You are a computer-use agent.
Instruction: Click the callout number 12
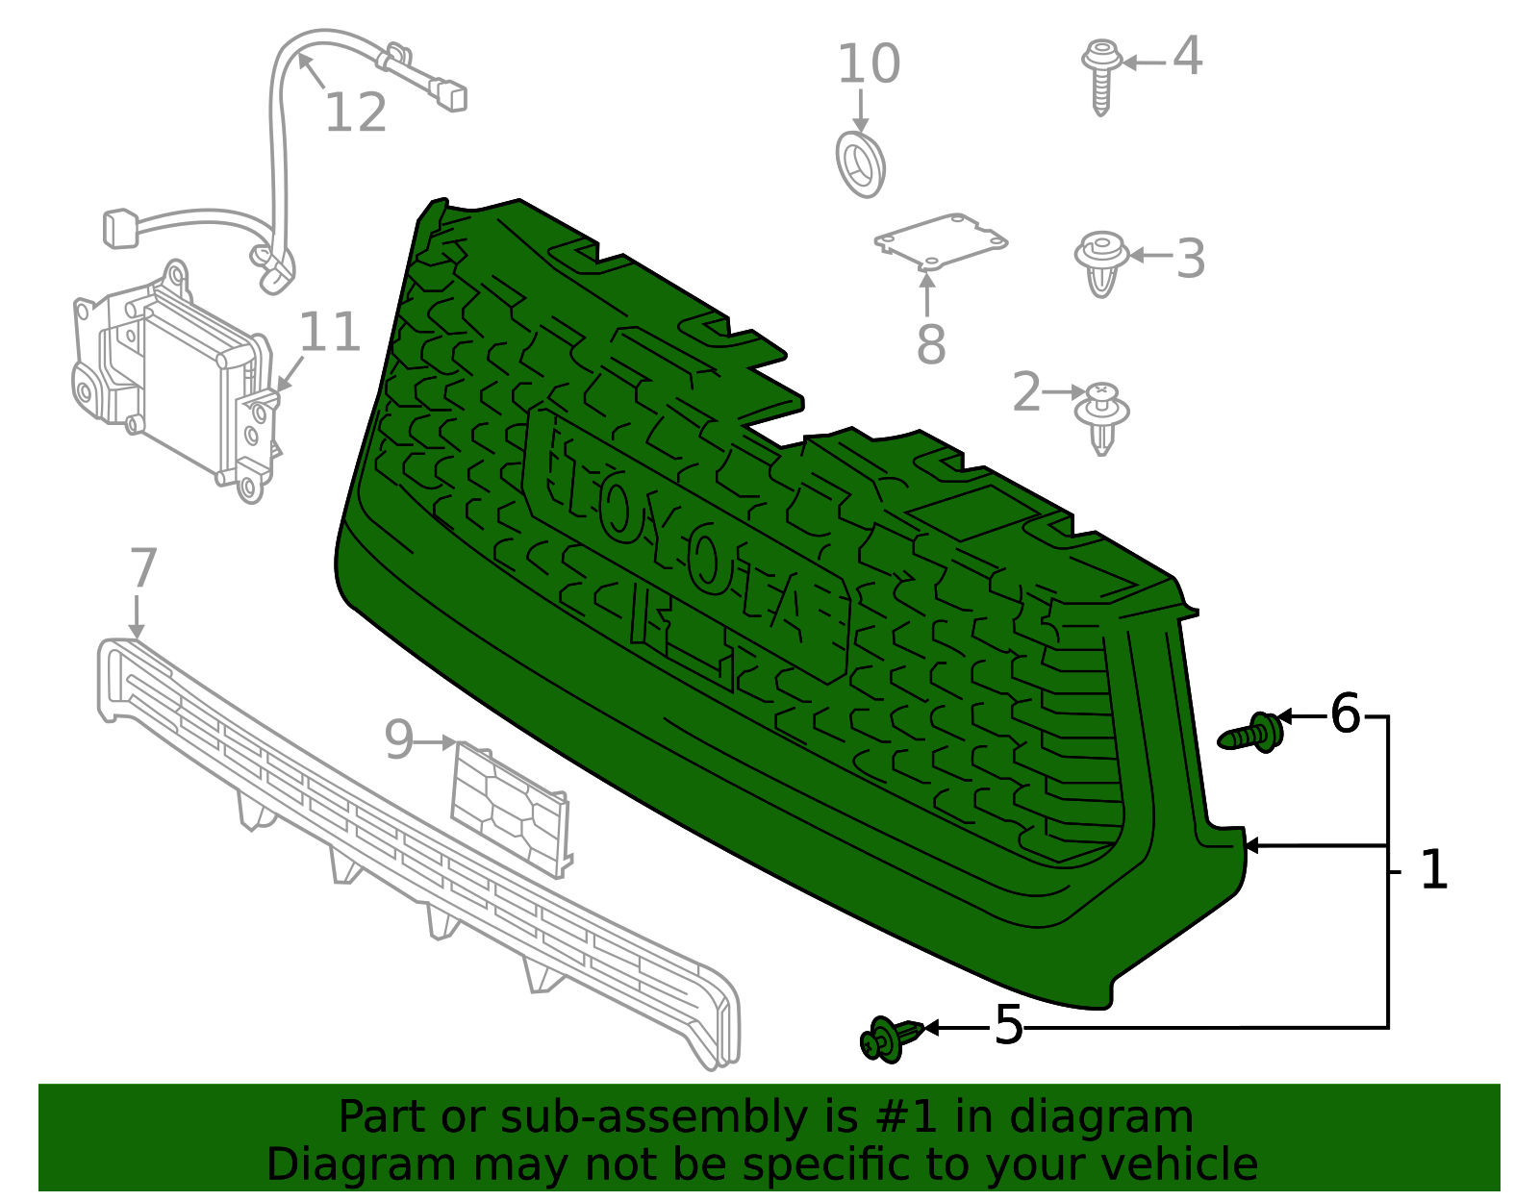tap(355, 113)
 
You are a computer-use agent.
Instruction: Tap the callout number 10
tap(869, 64)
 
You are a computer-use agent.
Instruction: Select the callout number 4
tap(1187, 57)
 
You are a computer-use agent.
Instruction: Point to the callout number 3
tap(1191, 259)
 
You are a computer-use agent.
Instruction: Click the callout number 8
tap(930, 344)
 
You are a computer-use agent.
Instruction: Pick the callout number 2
tap(1026, 392)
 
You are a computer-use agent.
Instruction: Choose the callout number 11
tap(330, 333)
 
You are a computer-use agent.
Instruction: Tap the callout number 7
tap(142, 568)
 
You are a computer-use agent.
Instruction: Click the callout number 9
tap(398, 740)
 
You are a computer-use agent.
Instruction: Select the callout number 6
tap(1345, 714)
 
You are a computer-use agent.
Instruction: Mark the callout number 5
tap(1008, 1025)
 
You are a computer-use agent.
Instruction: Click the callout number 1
tap(1433, 870)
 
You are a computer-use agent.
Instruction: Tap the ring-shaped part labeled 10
tap(859, 165)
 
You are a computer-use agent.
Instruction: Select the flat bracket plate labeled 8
tap(940, 239)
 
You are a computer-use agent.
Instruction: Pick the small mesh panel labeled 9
tap(509, 809)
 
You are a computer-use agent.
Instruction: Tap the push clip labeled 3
tap(1101, 263)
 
